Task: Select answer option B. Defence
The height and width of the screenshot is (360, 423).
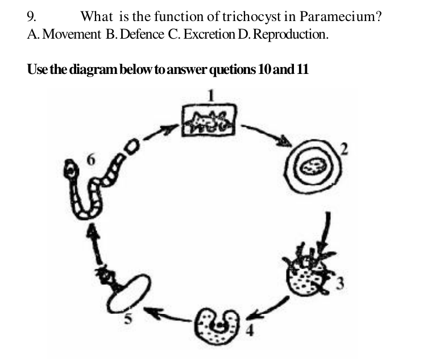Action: click(x=135, y=35)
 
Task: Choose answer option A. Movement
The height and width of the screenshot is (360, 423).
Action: click(x=64, y=35)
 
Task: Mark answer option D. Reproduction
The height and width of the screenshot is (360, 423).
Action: click(x=283, y=35)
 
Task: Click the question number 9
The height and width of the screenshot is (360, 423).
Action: click(x=32, y=16)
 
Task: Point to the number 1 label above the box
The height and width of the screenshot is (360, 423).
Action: click(x=211, y=96)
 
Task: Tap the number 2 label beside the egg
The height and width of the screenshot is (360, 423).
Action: click(x=343, y=149)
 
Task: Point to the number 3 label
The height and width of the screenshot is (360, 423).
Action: click(x=340, y=283)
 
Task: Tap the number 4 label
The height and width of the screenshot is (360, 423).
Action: click(x=250, y=330)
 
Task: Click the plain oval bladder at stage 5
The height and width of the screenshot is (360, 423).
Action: click(x=127, y=294)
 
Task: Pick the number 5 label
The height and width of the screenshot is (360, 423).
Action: click(x=128, y=319)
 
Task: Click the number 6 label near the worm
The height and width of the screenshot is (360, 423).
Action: click(x=91, y=160)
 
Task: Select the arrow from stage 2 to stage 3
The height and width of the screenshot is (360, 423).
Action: click(x=325, y=233)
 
